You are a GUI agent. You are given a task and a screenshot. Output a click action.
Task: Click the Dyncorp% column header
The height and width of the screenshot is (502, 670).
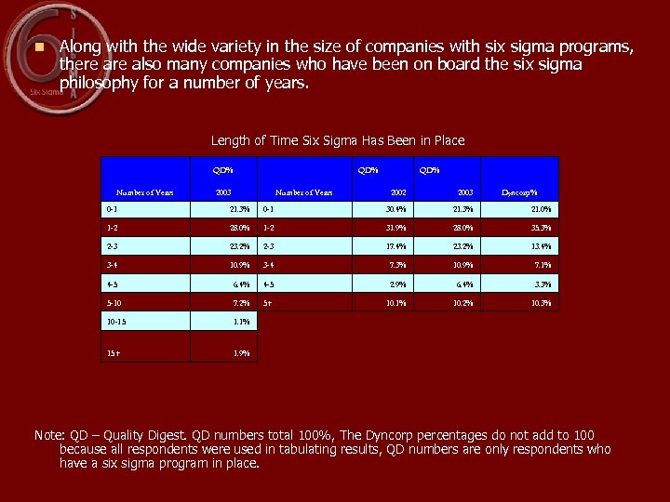pos(519,192)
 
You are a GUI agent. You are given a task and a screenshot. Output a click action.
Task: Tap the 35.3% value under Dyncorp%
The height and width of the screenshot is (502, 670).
pos(540,227)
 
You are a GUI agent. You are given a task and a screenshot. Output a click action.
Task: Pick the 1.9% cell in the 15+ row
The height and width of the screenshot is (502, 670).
pos(239,353)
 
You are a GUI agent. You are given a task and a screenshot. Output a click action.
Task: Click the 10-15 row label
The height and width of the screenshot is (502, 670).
pos(118,322)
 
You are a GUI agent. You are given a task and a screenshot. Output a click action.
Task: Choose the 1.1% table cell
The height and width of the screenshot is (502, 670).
pos(239,322)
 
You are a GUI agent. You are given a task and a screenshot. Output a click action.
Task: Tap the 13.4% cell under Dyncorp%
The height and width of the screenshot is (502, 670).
pos(540,246)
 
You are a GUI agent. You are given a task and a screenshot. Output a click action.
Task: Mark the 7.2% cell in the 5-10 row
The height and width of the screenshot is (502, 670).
pos(239,303)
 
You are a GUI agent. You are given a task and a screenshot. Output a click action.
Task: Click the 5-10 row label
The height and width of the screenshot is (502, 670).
pos(115,303)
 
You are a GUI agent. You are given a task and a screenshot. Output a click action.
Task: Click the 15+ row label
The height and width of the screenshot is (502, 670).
pos(113,353)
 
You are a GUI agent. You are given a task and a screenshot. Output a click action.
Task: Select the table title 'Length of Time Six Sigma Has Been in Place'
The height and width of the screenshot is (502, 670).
pos(337,140)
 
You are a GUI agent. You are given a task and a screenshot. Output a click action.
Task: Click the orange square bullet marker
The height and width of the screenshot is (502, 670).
pos(38,46)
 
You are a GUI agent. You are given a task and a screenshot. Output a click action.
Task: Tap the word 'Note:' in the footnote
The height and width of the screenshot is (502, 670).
pos(49,435)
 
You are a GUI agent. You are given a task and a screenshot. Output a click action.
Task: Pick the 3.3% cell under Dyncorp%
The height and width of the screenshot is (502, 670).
pos(542,284)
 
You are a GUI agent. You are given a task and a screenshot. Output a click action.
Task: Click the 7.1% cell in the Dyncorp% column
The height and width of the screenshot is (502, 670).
pos(542,265)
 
